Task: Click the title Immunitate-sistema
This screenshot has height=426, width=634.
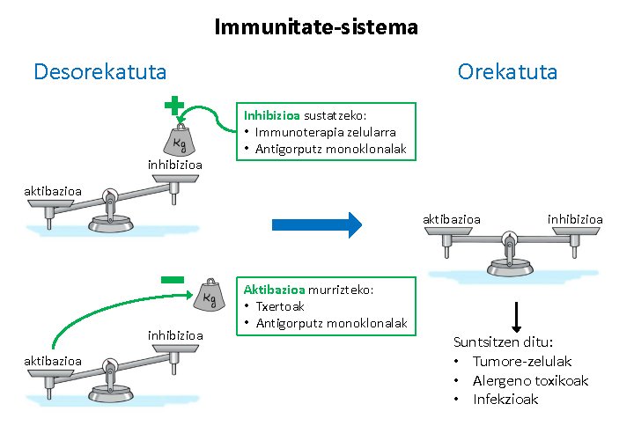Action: [x=316, y=27]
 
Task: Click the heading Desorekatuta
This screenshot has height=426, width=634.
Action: [x=100, y=71]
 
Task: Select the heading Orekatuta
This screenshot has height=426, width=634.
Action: [x=507, y=71]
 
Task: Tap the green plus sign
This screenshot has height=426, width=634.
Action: [x=174, y=106]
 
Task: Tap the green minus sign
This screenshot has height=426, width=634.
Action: [x=173, y=279]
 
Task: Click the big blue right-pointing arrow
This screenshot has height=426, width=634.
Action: [x=316, y=224]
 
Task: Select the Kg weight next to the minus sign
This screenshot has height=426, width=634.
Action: [x=210, y=297]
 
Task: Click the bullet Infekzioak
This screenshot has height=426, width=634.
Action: [x=505, y=399]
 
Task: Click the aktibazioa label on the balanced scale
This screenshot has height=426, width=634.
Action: [x=452, y=219]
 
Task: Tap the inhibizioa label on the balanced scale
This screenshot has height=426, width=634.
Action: [x=575, y=219]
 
